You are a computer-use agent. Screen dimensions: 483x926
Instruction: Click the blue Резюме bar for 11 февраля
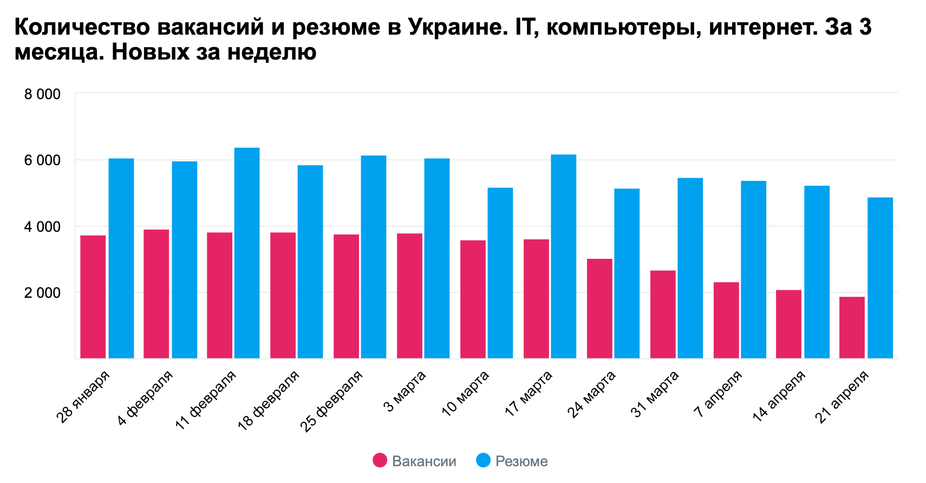247,253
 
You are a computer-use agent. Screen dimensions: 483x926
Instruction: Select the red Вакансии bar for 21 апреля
852,327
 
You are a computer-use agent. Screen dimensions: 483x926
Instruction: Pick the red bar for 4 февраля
156,293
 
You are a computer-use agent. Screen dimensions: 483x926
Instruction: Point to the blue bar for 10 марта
500,273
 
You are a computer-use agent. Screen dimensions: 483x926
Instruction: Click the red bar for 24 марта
599,308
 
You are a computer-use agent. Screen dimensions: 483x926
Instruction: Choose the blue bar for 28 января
121,258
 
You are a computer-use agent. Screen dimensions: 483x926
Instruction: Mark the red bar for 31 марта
663,314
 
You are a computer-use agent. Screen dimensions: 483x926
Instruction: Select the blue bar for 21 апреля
880,278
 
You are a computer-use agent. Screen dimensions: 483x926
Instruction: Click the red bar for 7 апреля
726,320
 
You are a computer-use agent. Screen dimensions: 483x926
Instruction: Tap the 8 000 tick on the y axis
42,95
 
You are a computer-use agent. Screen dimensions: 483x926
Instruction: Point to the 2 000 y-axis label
42,293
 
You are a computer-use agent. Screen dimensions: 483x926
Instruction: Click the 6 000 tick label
42,161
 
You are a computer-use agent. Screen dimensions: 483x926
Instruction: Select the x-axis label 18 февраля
269,400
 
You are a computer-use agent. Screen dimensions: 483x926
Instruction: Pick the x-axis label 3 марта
406,391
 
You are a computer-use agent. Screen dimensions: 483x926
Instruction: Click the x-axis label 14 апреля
779,396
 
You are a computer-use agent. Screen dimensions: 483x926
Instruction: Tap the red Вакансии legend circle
380,461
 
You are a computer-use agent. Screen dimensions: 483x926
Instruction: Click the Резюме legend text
521,461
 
